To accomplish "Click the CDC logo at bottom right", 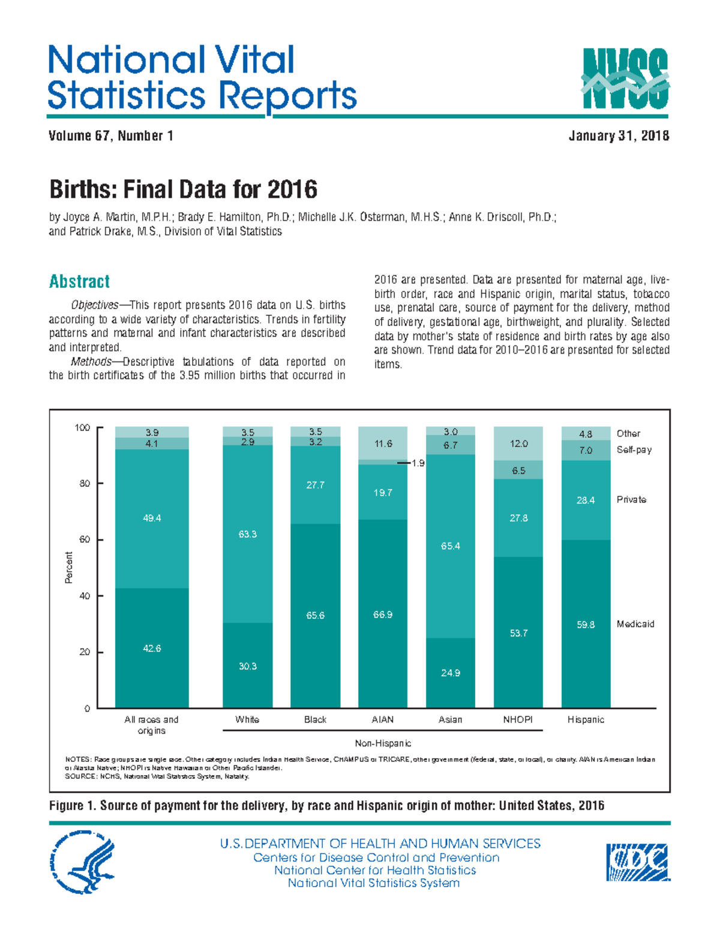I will tap(637, 862).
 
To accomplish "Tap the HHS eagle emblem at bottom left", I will tap(82, 862).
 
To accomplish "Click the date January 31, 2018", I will tap(619, 136).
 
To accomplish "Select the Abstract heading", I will tap(79, 281).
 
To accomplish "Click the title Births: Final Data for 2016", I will tap(183, 190).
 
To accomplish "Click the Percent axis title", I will tap(69, 567).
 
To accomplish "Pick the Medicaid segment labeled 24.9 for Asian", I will tap(450, 673).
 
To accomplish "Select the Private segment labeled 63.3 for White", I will tap(247, 534).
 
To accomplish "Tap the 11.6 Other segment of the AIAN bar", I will tap(383, 444).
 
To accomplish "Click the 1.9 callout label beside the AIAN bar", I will tap(418, 463).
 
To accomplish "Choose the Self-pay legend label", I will tap(634, 450).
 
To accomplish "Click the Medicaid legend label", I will tap(635, 624).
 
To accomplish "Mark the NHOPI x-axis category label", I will tap(518, 719).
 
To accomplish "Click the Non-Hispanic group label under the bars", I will tap(383, 743).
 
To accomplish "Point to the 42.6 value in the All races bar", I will tap(152, 648).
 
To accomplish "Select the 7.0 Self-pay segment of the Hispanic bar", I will tap(586, 450).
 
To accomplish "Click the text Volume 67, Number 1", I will tap(111, 136).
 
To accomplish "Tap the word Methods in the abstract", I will tap(91, 361).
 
